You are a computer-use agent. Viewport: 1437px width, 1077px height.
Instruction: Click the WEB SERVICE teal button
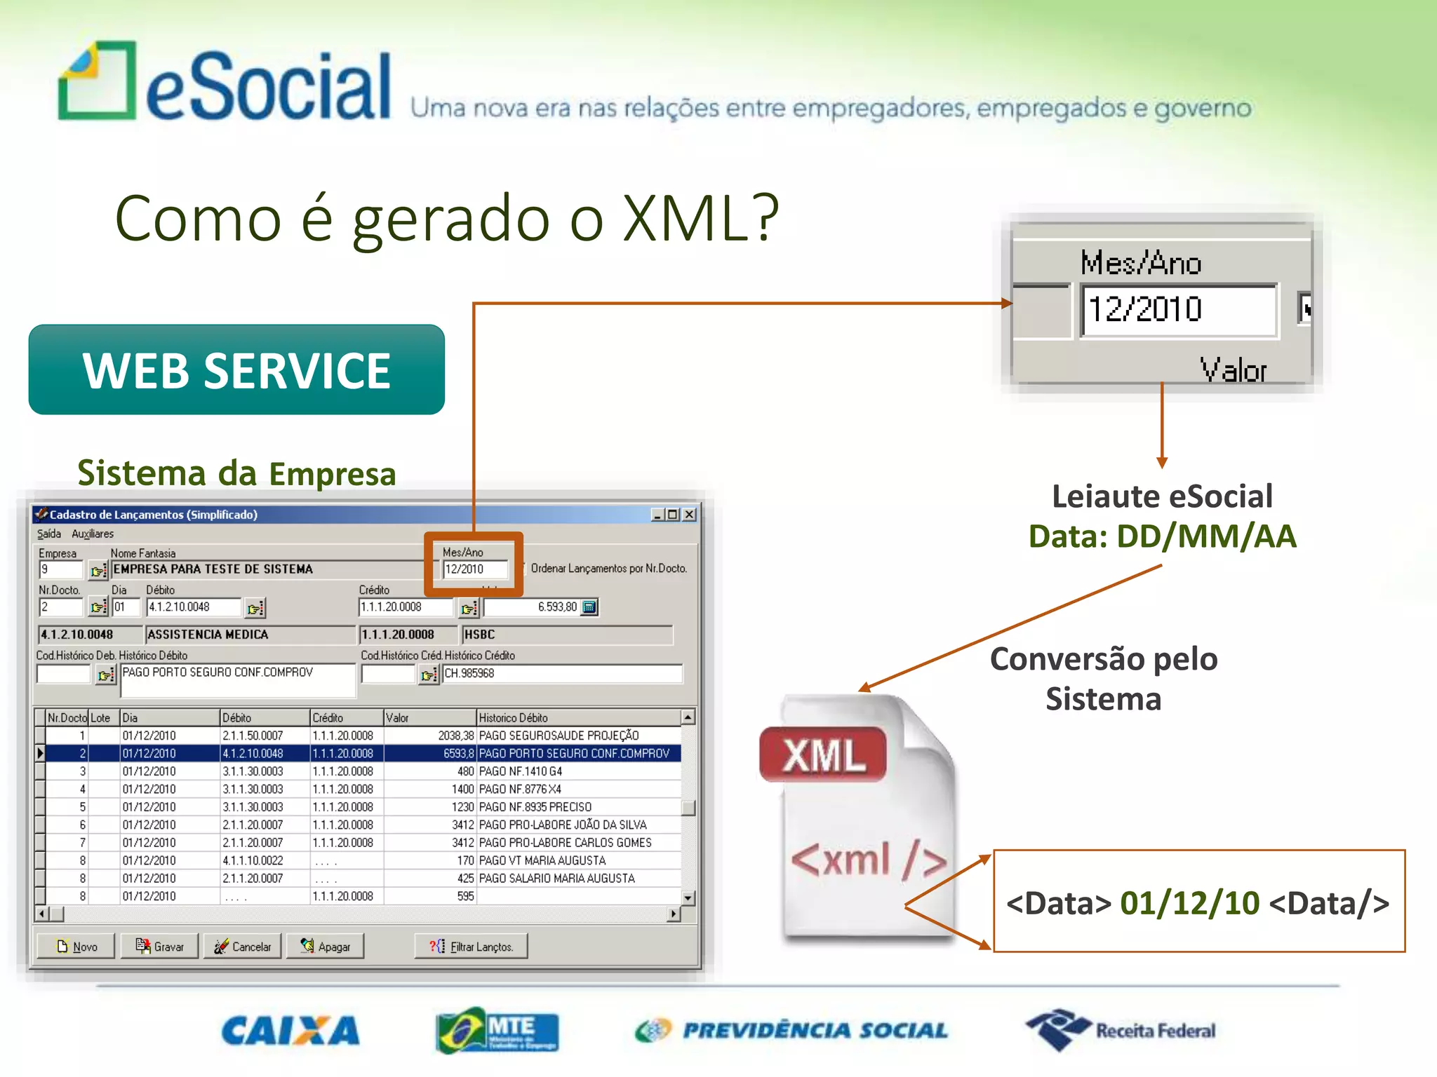(236, 370)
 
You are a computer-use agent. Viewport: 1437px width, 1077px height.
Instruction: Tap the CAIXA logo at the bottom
(290, 1031)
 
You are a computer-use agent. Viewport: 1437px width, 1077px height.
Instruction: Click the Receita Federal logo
(1121, 1030)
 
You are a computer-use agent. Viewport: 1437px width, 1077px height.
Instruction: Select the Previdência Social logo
(791, 1030)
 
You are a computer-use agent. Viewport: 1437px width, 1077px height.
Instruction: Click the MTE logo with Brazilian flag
(497, 1030)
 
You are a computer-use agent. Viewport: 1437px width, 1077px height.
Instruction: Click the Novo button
(77, 947)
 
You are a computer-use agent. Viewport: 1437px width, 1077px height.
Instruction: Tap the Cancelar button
(243, 947)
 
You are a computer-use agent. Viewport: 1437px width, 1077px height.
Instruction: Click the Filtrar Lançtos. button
(471, 947)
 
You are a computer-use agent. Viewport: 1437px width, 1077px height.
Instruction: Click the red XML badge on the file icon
(823, 755)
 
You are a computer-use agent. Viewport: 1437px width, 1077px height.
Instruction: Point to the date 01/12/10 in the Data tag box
(1189, 903)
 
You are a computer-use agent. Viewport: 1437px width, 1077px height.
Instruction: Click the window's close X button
(690, 515)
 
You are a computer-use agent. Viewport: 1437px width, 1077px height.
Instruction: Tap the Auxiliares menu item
(92, 534)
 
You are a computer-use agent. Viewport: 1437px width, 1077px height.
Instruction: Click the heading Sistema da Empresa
(236, 473)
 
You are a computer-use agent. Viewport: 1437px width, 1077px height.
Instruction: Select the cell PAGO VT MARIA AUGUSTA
(542, 860)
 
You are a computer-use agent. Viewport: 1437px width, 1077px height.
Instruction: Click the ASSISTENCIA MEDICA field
(249, 635)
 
